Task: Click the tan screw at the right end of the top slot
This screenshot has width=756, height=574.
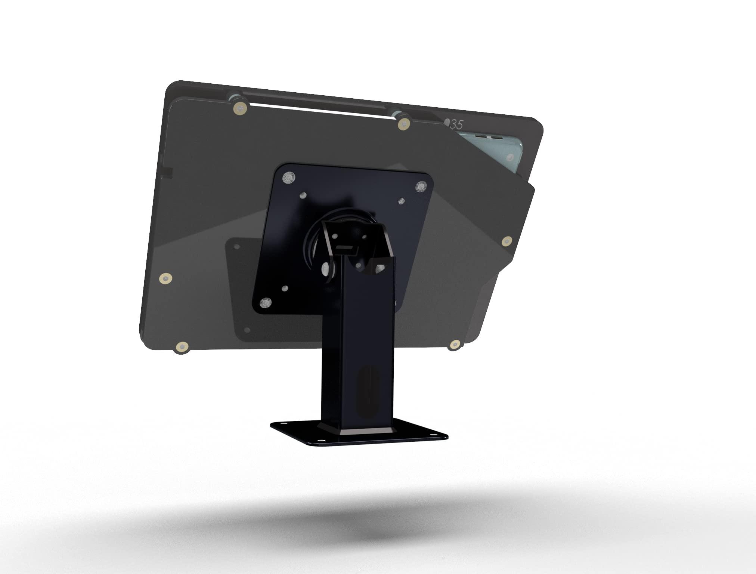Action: click(x=404, y=124)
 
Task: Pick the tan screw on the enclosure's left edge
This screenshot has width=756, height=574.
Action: click(x=165, y=278)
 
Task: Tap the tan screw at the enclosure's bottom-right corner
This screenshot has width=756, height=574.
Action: click(x=455, y=344)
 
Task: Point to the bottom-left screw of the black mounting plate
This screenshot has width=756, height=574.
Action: click(x=266, y=302)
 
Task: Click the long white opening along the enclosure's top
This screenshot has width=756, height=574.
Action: click(x=317, y=112)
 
